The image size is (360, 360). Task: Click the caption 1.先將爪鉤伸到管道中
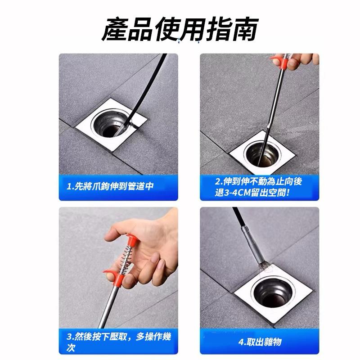click(109, 186)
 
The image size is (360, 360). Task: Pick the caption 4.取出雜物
click(260, 342)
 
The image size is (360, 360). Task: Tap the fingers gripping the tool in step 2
click(299, 61)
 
